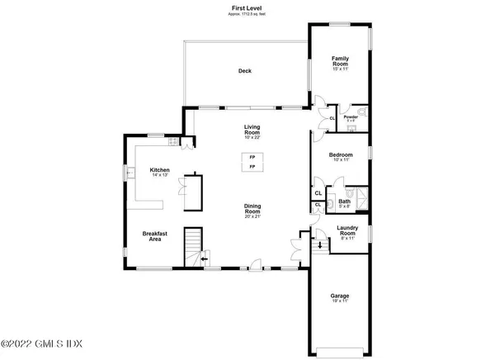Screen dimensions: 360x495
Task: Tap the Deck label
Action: point(244,71)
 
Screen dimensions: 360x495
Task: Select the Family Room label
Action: point(340,61)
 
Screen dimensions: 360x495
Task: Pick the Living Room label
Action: point(252,130)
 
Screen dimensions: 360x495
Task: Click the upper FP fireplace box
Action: point(252,157)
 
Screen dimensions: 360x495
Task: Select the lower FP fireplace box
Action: point(252,168)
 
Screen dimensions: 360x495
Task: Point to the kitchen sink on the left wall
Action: point(129,173)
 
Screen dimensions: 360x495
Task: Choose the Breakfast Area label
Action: point(157,237)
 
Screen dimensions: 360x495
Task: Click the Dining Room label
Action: point(252,211)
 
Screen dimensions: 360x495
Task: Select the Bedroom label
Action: point(341,157)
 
